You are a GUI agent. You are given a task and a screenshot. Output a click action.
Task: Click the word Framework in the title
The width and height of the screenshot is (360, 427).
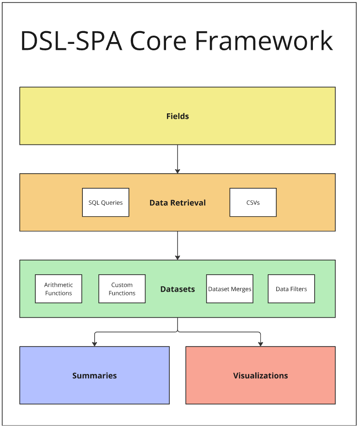click(x=264, y=41)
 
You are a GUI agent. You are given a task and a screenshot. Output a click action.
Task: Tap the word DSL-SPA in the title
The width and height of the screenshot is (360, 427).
click(x=71, y=41)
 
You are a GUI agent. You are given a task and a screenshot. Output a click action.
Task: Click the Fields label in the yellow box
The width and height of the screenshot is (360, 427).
click(x=177, y=116)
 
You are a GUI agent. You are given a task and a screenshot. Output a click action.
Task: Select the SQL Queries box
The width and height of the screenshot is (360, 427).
click(x=106, y=203)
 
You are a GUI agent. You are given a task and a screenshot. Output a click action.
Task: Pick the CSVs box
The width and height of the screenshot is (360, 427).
click(x=253, y=203)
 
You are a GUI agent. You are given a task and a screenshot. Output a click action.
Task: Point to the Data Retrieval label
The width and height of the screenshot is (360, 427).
click(x=177, y=203)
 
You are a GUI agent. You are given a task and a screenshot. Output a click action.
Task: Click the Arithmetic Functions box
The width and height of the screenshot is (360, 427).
click(x=59, y=289)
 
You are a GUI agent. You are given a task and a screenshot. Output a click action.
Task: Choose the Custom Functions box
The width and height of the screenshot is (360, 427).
click(x=122, y=289)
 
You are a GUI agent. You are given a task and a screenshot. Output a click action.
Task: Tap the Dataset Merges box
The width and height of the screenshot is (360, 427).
click(x=230, y=289)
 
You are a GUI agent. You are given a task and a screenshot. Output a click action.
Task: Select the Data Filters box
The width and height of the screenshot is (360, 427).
click(x=291, y=289)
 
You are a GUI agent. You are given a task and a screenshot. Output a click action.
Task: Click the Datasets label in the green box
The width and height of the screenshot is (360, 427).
click(x=177, y=289)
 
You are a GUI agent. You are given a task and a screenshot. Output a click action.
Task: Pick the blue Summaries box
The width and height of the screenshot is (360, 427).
click(x=94, y=375)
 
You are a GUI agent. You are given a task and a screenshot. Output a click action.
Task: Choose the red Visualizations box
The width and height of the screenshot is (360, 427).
click(x=260, y=375)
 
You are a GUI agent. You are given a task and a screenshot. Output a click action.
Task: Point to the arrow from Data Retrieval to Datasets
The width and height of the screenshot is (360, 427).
click(x=177, y=245)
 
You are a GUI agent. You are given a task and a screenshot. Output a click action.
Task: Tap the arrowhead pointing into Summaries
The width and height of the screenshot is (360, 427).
click(x=94, y=343)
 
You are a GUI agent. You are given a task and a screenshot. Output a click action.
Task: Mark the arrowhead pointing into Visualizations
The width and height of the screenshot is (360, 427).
click(x=260, y=343)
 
